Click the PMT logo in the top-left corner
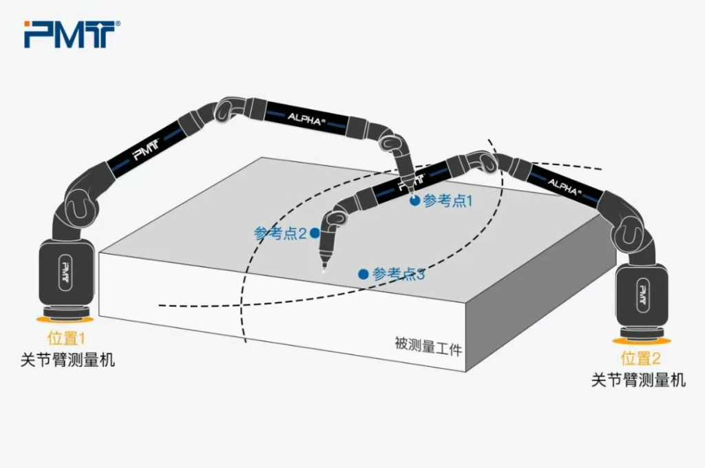coord(72,34)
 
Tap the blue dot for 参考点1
coord(414,200)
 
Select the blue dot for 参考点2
coord(315,233)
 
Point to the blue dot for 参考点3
coord(364,274)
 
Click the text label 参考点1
coord(448,200)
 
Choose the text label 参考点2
coord(280,233)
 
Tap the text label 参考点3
coord(399,274)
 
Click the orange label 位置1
coord(67,339)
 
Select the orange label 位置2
coord(641,359)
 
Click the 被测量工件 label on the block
coord(428,345)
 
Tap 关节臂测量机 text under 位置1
coord(68,360)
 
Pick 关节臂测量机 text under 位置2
coord(638,380)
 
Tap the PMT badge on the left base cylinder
coord(65,273)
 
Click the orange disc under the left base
coord(65,319)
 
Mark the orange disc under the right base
coord(642,341)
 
